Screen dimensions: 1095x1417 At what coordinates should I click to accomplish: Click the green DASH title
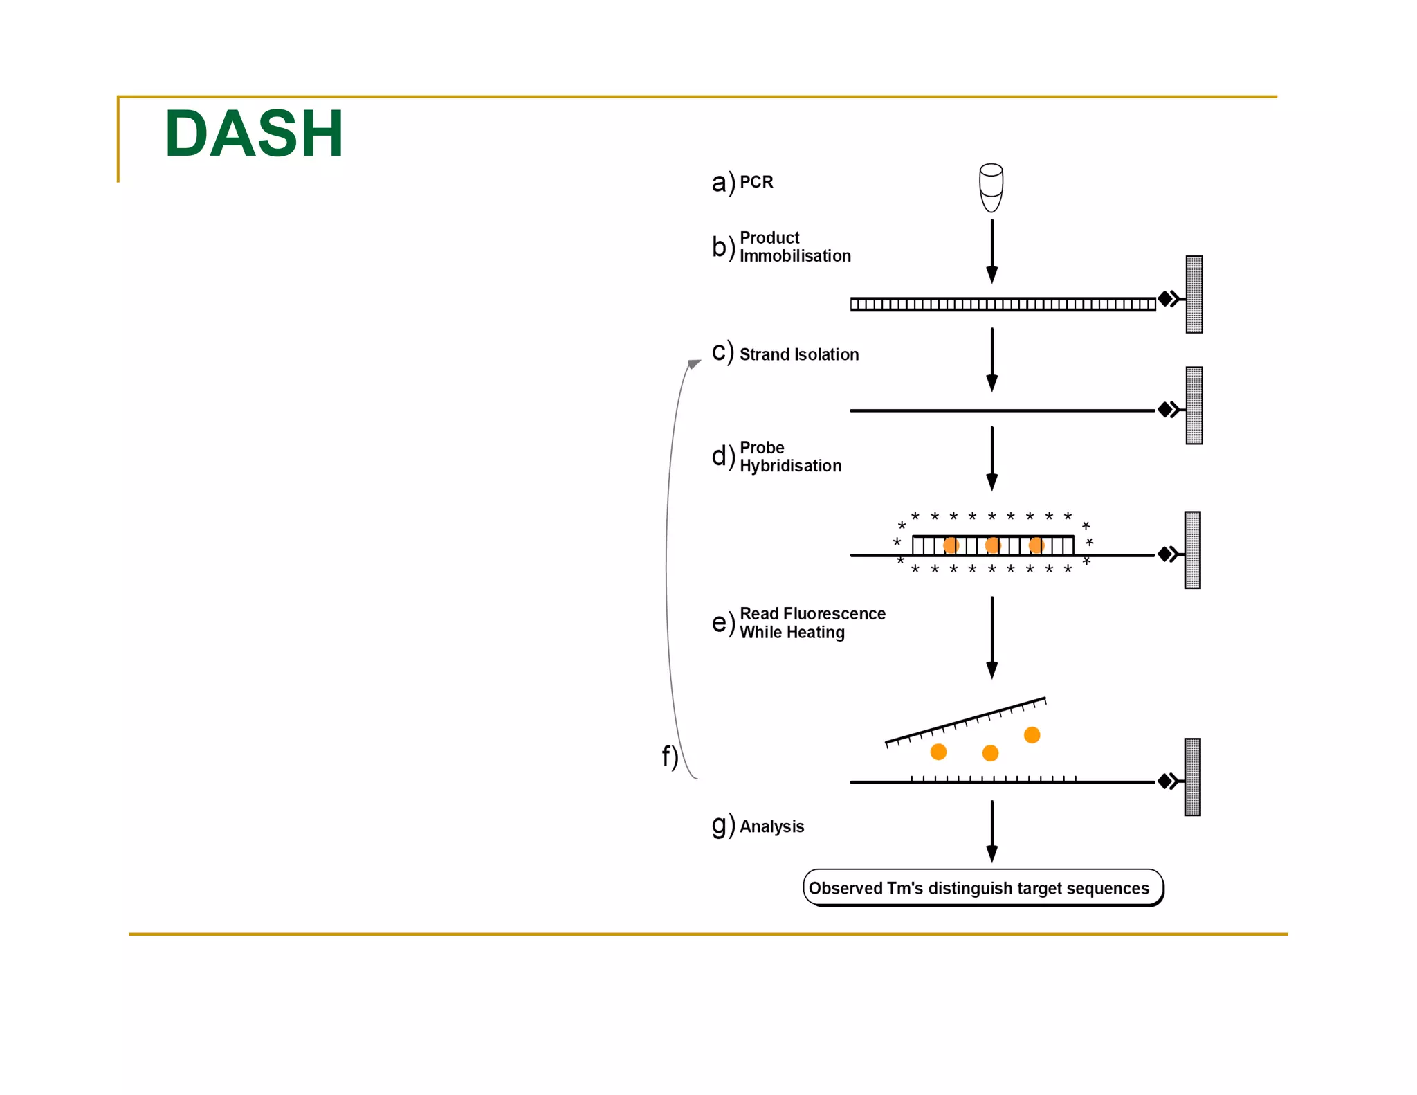point(254,134)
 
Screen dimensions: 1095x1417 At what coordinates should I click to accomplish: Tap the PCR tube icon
point(991,188)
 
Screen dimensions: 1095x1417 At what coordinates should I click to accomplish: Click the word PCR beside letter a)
point(756,182)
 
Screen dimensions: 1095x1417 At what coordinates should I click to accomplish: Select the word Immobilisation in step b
point(795,256)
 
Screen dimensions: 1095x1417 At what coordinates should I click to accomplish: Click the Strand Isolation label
point(799,354)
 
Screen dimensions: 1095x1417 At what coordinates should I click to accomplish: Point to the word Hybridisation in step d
point(790,466)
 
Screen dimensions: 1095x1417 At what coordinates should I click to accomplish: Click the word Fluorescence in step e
point(843,614)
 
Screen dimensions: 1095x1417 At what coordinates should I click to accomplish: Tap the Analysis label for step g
point(771,826)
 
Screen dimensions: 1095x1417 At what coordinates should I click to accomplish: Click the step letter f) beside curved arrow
point(669,757)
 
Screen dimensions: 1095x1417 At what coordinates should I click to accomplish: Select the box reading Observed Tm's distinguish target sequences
point(982,888)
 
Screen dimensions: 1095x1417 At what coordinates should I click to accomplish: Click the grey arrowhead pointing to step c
point(694,363)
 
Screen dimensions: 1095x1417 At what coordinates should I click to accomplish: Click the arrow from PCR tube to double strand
point(991,251)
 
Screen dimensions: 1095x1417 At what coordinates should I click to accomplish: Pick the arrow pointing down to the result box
point(991,831)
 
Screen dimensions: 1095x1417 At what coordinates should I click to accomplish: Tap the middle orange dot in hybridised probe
point(993,545)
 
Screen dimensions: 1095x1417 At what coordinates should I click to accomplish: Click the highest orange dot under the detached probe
point(1032,734)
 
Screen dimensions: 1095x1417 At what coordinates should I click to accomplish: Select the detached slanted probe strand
point(966,721)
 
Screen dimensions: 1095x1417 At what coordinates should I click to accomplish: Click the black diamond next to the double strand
point(1165,299)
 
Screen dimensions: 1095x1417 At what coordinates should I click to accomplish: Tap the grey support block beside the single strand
point(1194,406)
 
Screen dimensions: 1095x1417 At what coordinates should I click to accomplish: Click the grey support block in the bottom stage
point(1192,777)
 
